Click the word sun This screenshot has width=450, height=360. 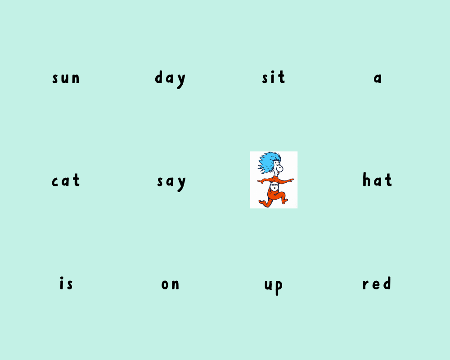[x=66, y=78]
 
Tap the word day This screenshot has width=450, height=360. [x=170, y=79]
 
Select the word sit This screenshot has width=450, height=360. [x=274, y=77]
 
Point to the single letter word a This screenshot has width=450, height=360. [x=378, y=78]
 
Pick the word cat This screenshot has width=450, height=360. [x=66, y=180]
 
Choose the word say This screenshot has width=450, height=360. [x=171, y=183]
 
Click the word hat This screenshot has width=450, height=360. [x=377, y=180]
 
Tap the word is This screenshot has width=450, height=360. [x=66, y=283]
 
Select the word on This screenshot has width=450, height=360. [x=171, y=284]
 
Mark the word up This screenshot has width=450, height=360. [x=274, y=287]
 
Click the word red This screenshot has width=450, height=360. [x=377, y=283]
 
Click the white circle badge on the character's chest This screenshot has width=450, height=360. [x=274, y=186]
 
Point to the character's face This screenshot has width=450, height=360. [x=278, y=167]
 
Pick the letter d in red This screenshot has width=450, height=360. [x=387, y=283]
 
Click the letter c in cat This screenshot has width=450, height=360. [x=55, y=182]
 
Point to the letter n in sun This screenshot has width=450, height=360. [x=76, y=79]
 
